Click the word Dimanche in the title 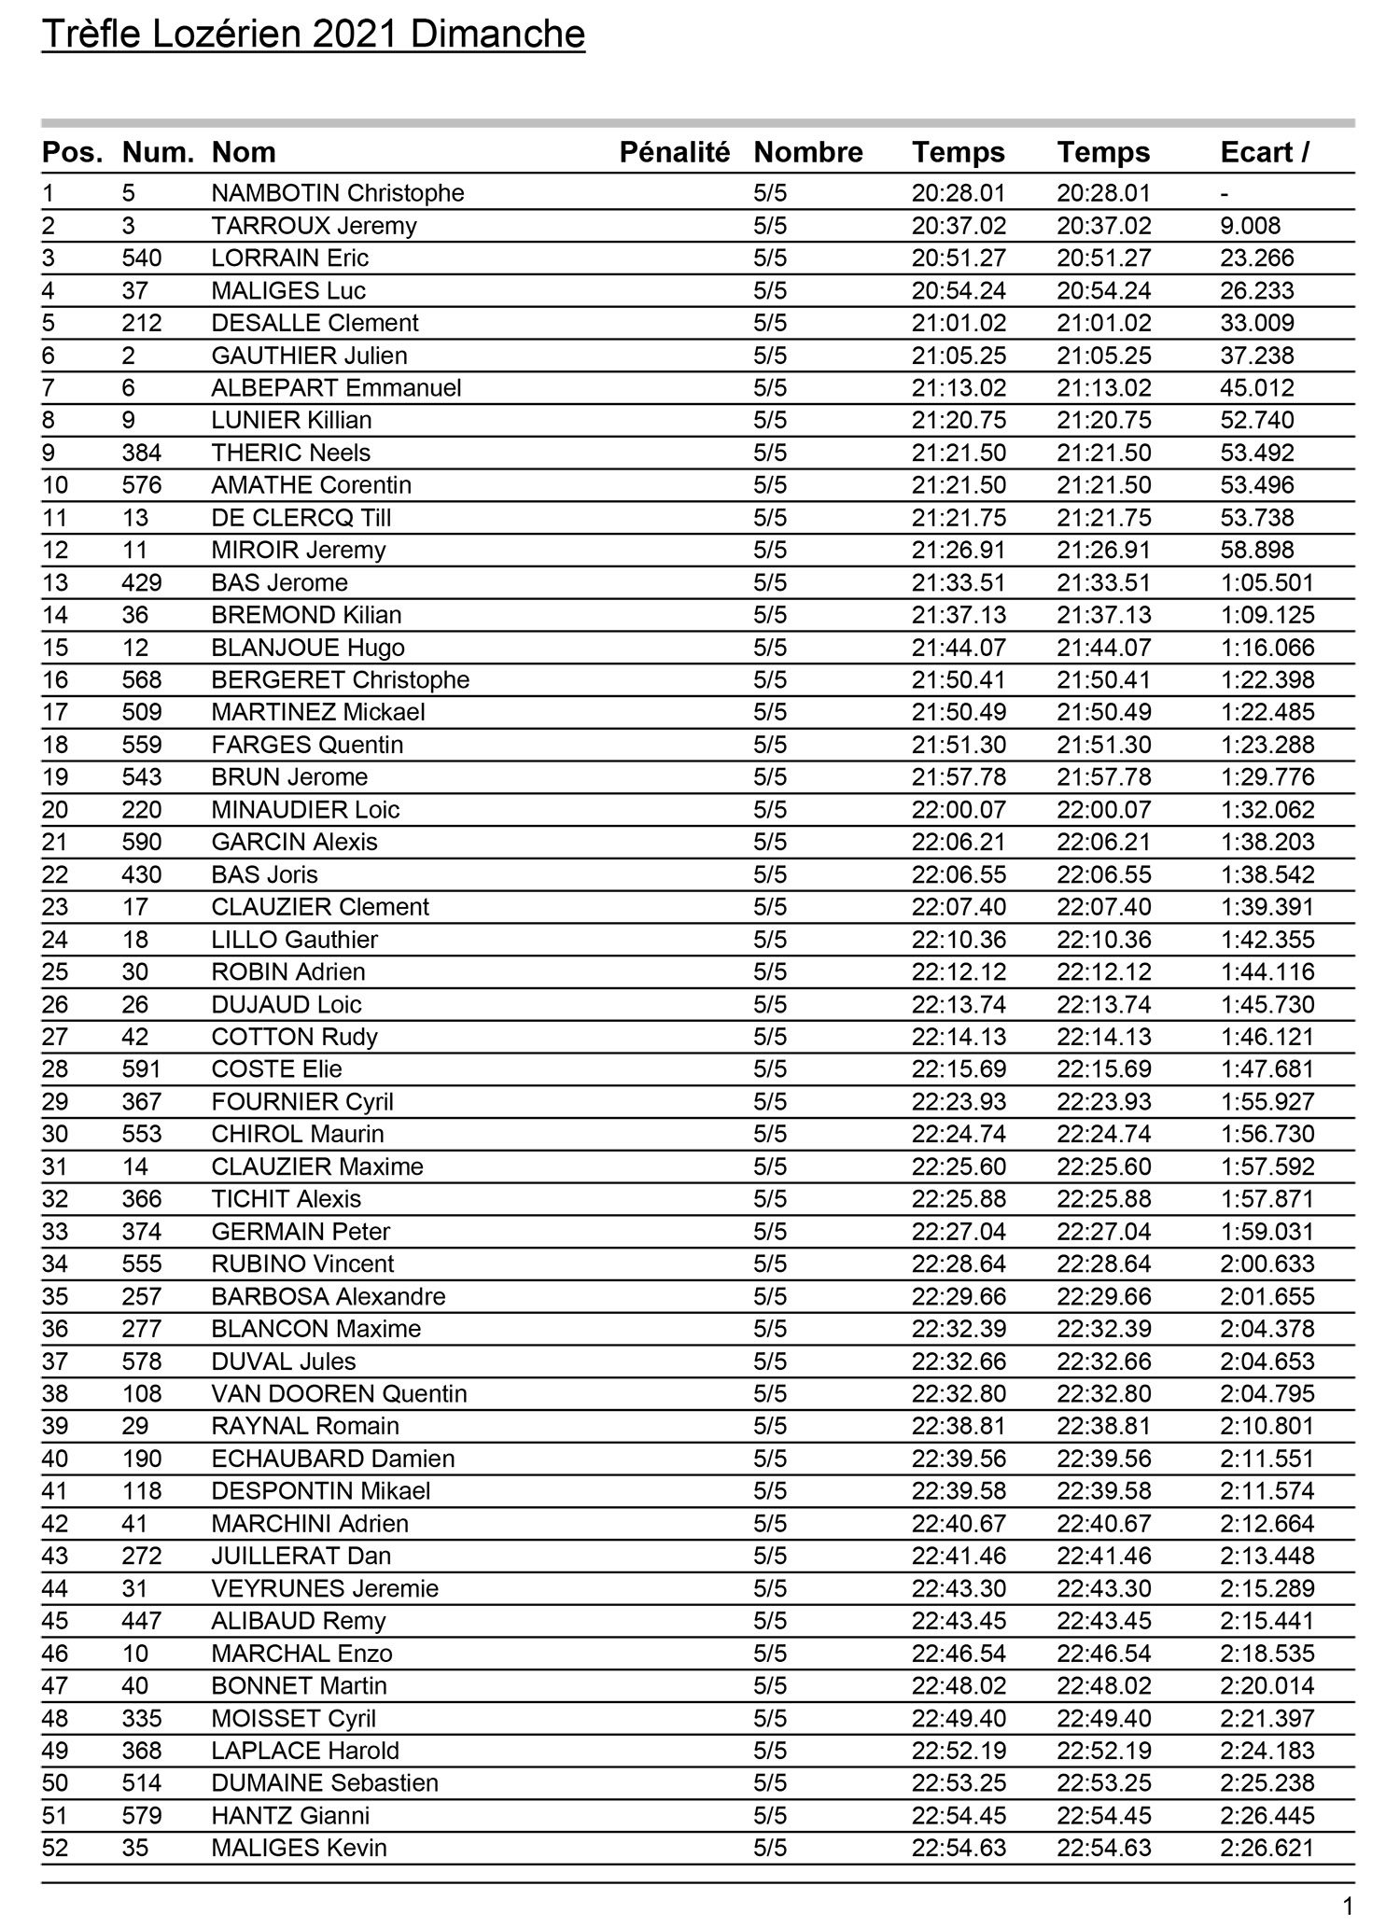click(x=497, y=35)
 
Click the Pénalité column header click(x=674, y=152)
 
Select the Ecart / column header click(x=1264, y=152)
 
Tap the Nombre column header click(x=807, y=152)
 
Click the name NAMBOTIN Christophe click(x=337, y=193)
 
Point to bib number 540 click(x=142, y=258)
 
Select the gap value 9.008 click(x=1250, y=226)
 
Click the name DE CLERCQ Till click(x=301, y=518)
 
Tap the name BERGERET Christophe click(x=340, y=680)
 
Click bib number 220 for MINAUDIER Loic click(x=142, y=810)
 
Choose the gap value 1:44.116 click(x=1267, y=972)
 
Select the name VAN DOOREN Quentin click(x=339, y=1394)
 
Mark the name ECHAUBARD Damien click(x=332, y=1459)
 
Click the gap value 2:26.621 click(x=1267, y=1848)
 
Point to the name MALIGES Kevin click(x=299, y=1848)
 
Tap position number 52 click(x=55, y=1848)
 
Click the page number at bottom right click(x=1346, y=1905)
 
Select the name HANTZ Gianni click(x=290, y=1815)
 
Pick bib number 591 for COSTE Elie click(x=142, y=1069)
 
